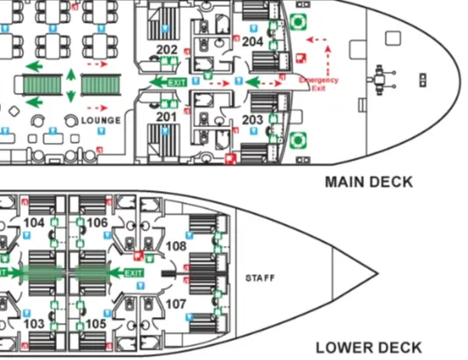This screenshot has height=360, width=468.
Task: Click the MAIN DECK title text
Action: point(368,183)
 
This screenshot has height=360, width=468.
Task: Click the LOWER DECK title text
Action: point(368,346)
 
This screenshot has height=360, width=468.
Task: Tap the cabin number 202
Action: point(167,49)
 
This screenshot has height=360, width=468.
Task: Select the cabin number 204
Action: point(252,41)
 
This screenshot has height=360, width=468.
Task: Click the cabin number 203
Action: point(252,119)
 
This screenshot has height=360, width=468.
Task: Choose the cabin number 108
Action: point(176,246)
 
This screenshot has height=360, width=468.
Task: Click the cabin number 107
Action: point(176,304)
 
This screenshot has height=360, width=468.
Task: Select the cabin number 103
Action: point(34,324)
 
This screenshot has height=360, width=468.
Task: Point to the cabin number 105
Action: point(97,324)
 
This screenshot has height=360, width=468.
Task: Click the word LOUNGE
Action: point(101,119)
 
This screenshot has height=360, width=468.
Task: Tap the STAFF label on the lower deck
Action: point(261,279)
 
